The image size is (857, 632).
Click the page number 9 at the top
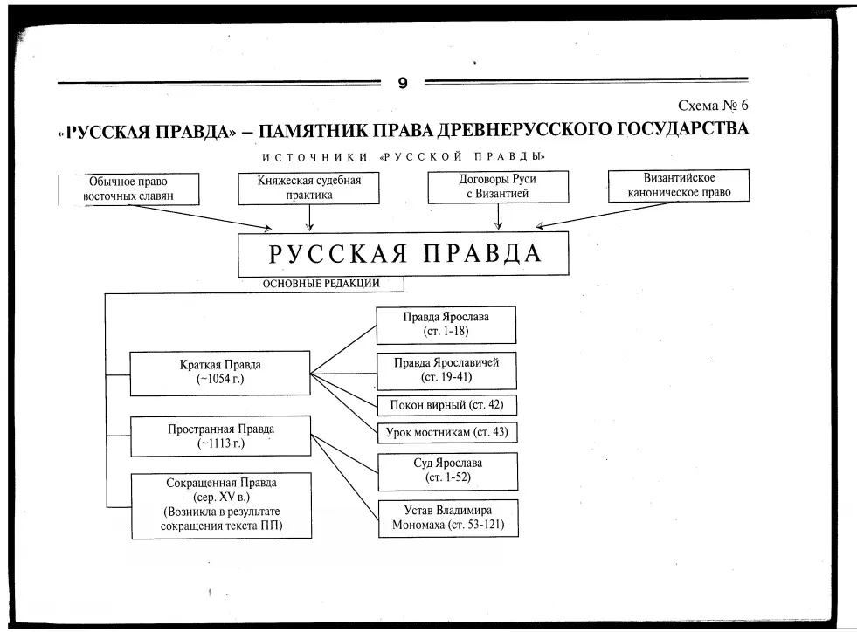click(403, 83)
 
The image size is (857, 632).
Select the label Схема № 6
click(713, 105)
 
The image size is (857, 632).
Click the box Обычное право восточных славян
click(129, 189)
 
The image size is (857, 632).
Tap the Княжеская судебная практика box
click(308, 189)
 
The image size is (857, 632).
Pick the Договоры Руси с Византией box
click(498, 187)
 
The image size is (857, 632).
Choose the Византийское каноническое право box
click(679, 186)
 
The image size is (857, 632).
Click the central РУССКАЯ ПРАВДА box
click(404, 254)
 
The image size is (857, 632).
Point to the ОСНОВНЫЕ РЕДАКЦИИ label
click(321, 284)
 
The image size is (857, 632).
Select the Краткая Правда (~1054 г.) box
click(220, 373)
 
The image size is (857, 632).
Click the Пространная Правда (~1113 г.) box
click(221, 436)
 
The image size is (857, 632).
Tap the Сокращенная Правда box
click(221, 505)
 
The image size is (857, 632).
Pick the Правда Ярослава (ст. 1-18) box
click(446, 325)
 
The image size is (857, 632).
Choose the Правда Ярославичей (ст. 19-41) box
click(446, 371)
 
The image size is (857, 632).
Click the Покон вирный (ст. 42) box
click(447, 405)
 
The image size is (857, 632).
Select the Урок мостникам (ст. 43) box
click(447, 433)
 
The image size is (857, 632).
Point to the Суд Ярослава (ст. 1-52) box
click(447, 471)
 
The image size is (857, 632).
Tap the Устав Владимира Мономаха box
click(448, 519)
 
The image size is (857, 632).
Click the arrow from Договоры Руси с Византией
click(498, 216)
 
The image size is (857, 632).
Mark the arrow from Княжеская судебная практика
click(309, 218)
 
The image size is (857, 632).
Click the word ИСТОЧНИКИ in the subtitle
click(314, 158)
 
